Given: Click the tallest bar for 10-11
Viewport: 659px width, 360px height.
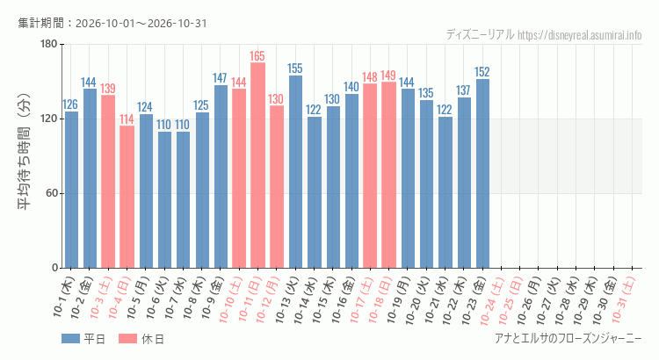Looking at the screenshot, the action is pyautogui.click(x=257, y=165).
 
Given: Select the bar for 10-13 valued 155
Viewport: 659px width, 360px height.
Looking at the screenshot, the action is pyautogui.click(x=295, y=171).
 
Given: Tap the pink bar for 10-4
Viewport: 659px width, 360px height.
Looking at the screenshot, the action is pyautogui.click(x=127, y=197).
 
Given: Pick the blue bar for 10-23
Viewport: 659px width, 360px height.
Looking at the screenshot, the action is pyautogui.click(x=482, y=174).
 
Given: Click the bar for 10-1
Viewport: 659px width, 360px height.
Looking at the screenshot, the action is pyautogui.click(x=71, y=190).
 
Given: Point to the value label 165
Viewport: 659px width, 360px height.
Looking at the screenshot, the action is pyautogui.click(x=257, y=56).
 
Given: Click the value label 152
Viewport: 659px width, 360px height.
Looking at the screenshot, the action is pyautogui.click(x=482, y=72).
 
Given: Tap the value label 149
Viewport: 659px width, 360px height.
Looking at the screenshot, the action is pyautogui.click(x=388, y=76).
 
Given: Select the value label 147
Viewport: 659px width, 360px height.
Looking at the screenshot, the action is pyautogui.click(x=220, y=78).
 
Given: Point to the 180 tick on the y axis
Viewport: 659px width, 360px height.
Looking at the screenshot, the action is pyautogui.click(x=48, y=44).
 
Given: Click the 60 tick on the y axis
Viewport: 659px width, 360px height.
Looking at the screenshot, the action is pyautogui.click(x=52, y=193).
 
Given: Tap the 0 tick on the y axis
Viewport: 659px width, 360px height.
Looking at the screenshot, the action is pyautogui.click(x=55, y=268).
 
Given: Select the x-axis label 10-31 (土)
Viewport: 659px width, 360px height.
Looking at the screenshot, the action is pyautogui.click(x=623, y=299).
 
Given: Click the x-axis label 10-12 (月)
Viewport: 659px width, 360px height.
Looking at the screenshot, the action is pyautogui.click(x=267, y=299).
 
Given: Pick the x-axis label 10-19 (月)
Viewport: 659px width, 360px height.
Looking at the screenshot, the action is pyautogui.click(x=398, y=299).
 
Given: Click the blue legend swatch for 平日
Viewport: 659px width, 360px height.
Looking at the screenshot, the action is pyautogui.click(x=70, y=339).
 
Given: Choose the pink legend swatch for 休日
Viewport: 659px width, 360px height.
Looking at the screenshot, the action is pyautogui.click(x=127, y=339).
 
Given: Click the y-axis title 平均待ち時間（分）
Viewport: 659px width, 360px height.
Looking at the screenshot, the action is pyautogui.click(x=24, y=152).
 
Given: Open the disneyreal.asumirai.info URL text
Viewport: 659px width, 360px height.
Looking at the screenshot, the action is pyautogui.click(x=580, y=35).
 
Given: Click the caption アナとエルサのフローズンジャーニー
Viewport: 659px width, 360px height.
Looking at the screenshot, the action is pyautogui.click(x=568, y=338).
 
